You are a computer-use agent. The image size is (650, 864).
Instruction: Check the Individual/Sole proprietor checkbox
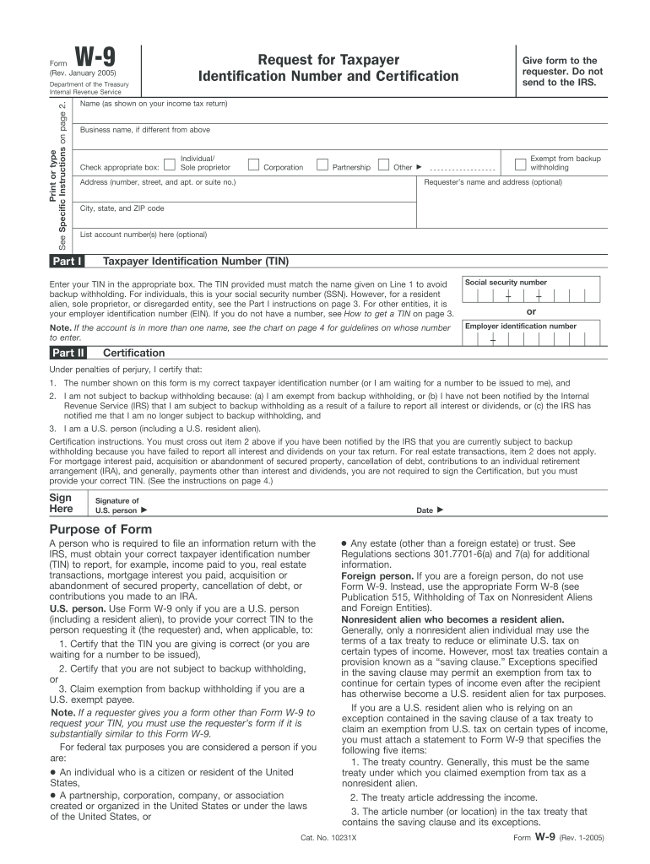click(x=171, y=164)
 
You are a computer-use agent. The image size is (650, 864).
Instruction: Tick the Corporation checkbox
click(x=253, y=164)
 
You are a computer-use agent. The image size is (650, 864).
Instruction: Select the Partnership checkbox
click(x=322, y=164)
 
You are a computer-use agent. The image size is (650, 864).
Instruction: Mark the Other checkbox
click(x=384, y=164)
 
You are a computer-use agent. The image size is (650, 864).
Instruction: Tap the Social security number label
click(x=506, y=283)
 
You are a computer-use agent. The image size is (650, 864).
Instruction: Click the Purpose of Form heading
click(x=105, y=529)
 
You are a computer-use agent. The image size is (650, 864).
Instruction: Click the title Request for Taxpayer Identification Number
click(x=328, y=68)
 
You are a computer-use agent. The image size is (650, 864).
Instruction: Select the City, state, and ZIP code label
click(x=122, y=208)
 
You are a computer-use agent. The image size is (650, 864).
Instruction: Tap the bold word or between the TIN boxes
click(x=531, y=311)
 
